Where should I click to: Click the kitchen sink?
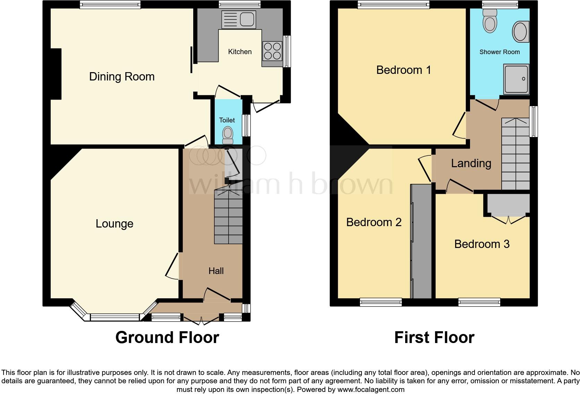(x=239, y=19)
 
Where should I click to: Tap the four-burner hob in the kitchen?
(x=272, y=51)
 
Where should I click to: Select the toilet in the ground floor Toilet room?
(x=228, y=135)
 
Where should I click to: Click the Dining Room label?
(x=122, y=77)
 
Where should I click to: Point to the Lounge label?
(x=114, y=224)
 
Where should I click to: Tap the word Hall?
(x=216, y=271)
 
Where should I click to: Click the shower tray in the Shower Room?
(x=517, y=79)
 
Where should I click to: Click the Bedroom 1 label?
(x=403, y=70)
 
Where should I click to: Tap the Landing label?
(x=471, y=163)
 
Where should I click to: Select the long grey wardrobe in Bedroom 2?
(x=421, y=241)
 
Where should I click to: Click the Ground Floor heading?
(x=167, y=337)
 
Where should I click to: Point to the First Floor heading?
(x=434, y=337)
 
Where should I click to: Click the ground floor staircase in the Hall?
(x=228, y=217)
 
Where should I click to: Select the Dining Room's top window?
(x=110, y=5)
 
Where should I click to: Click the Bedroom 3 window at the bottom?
(x=479, y=302)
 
